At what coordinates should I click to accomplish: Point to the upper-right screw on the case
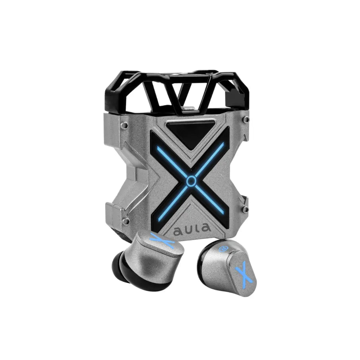coord(247,119)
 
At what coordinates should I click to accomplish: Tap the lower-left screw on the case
coord(126,221)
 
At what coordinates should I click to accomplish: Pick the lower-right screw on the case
coord(246,209)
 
